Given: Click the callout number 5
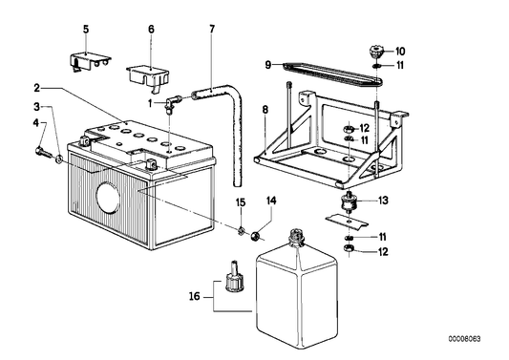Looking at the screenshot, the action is (86, 30).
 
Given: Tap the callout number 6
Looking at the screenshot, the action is (151, 30).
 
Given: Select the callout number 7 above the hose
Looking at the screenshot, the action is (212, 30).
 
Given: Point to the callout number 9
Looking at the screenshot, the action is (267, 65).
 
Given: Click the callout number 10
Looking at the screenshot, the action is (400, 52).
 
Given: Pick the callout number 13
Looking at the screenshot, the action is (383, 201).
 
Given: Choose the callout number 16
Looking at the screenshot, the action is (195, 296).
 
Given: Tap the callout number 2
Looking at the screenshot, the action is (36, 88).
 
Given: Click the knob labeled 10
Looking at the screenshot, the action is (376, 52).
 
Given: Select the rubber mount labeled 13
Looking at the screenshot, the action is (349, 202).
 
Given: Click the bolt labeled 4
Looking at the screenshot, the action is (42, 151).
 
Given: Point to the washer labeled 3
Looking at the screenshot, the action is (59, 159).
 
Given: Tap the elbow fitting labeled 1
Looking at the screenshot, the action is (173, 103).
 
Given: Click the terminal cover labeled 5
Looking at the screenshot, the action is (90, 62).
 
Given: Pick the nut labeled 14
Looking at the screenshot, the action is (255, 236).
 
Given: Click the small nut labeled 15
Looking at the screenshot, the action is (241, 231).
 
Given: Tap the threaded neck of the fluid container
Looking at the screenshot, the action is (296, 237).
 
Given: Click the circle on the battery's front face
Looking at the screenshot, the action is (108, 198).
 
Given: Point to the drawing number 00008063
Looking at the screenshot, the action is (464, 339).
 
